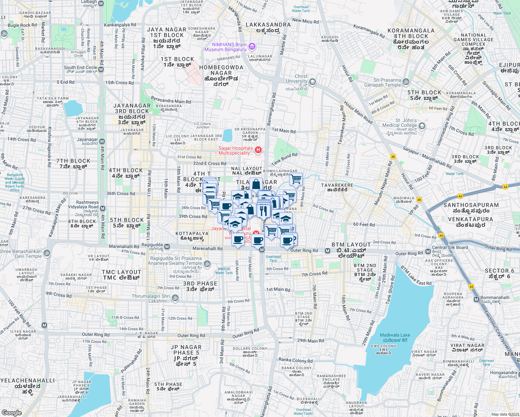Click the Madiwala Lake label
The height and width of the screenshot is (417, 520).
point(395,337)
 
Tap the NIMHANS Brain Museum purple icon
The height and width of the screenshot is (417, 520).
point(252,46)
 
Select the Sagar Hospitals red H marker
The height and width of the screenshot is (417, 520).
point(258,150)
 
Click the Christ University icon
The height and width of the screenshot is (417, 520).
point(312,82)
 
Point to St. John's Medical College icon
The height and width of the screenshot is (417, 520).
point(422,126)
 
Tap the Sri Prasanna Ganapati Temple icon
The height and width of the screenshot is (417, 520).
point(406,82)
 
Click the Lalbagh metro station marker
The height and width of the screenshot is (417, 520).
point(101,3)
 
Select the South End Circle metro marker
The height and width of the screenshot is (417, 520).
point(101,69)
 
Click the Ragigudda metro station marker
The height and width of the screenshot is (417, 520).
point(167,246)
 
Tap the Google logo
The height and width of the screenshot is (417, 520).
point(11,412)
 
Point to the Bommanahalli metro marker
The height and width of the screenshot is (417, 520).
point(476,299)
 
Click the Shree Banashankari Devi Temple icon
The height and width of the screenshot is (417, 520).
point(47,253)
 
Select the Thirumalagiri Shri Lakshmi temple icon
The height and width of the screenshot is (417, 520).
point(175,298)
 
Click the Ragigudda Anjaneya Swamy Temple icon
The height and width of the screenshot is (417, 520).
point(207,264)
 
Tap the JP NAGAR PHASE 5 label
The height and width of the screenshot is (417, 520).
point(186,355)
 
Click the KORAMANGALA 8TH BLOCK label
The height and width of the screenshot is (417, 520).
point(411,39)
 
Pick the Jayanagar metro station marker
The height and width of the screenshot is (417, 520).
point(102,141)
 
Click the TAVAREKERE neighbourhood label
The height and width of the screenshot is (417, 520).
point(337,187)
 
